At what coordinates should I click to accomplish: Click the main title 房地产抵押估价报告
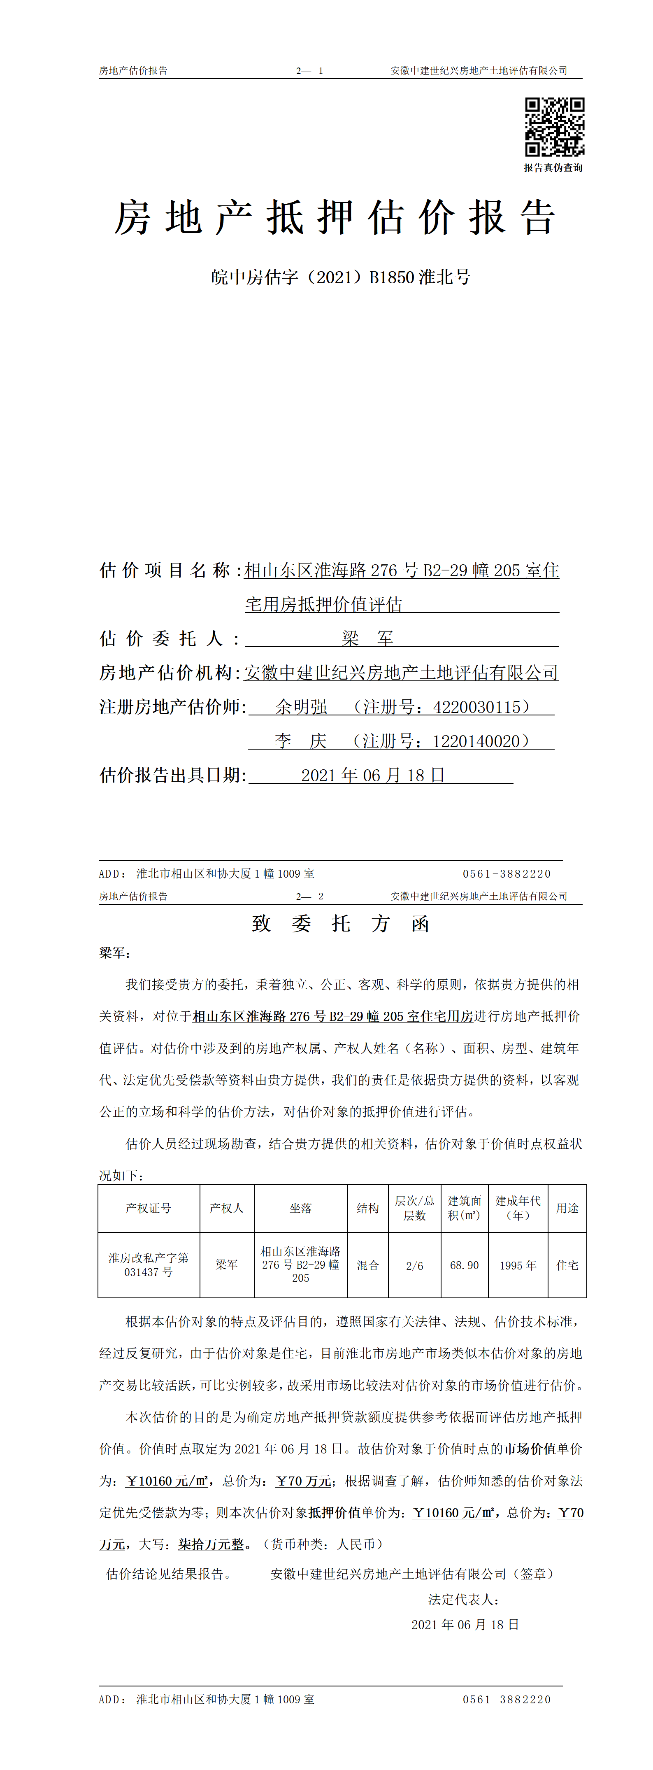[x=335, y=218]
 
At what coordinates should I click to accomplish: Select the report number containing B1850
[x=341, y=277]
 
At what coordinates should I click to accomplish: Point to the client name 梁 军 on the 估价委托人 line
[x=367, y=638]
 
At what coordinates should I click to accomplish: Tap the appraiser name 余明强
[x=302, y=707]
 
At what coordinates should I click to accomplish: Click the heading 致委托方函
[x=341, y=923]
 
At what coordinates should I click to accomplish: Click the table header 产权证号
[x=148, y=1208]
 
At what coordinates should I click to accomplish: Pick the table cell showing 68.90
[x=464, y=1265]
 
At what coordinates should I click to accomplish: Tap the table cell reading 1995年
[x=518, y=1265]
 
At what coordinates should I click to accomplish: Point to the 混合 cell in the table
[x=367, y=1265]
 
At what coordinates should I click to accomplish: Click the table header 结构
[x=367, y=1208]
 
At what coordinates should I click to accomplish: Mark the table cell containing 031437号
[x=148, y=1272]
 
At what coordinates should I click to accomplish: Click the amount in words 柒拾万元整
[x=211, y=1544]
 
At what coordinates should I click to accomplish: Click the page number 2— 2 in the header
[x=310, y=896]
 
